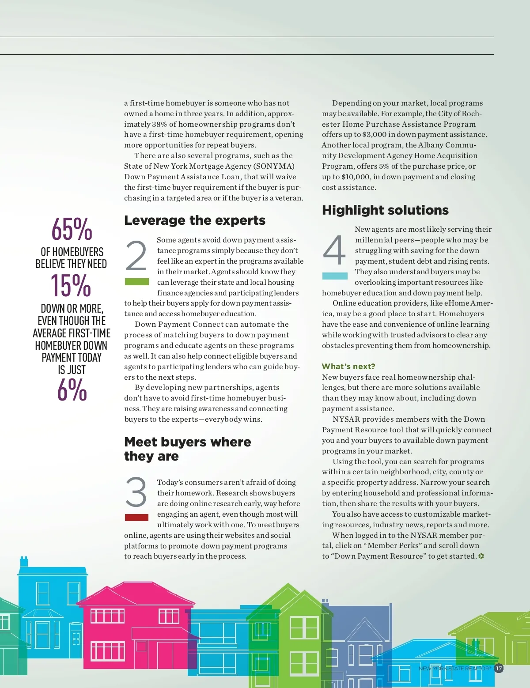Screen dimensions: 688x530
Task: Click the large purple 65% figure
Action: pos(72,229)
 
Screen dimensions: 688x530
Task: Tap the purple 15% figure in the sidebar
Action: pos(71,285)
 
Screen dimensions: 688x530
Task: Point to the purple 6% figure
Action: pos(72,389)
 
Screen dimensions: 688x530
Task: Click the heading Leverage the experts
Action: pos(195,220)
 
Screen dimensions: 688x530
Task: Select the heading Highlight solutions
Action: pos(385,210)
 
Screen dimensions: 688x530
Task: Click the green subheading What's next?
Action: pos(348,366)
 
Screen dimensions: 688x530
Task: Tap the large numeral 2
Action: pos(136,256)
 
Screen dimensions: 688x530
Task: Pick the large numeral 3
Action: pos(136,492)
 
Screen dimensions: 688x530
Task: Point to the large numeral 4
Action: pos(334,250)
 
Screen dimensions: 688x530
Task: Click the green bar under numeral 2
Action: pos(137,282)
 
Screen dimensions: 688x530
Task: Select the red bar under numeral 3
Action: pos(137,518)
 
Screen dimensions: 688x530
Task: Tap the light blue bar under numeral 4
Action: pos(335,276)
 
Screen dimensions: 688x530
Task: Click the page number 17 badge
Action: pos(499,668)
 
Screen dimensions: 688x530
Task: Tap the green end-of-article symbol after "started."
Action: pos(481,556)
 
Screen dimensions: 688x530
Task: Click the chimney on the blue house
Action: pos(24,561)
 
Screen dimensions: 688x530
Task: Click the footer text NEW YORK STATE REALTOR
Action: pos(454,669)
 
